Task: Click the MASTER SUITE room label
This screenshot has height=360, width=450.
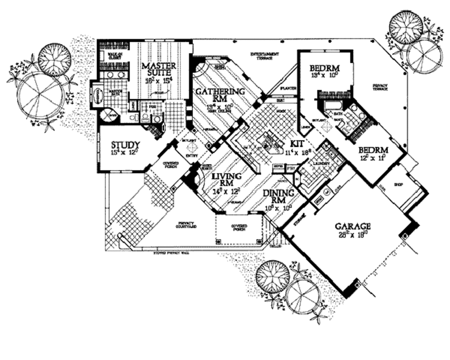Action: tap(159, 70)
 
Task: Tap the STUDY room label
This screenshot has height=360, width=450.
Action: tap(125, 145)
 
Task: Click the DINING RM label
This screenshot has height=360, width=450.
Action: tap(278, 197)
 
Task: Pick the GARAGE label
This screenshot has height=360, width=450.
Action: tap(353, 226)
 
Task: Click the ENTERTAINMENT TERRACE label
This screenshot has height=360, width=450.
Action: tap(265, 55)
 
